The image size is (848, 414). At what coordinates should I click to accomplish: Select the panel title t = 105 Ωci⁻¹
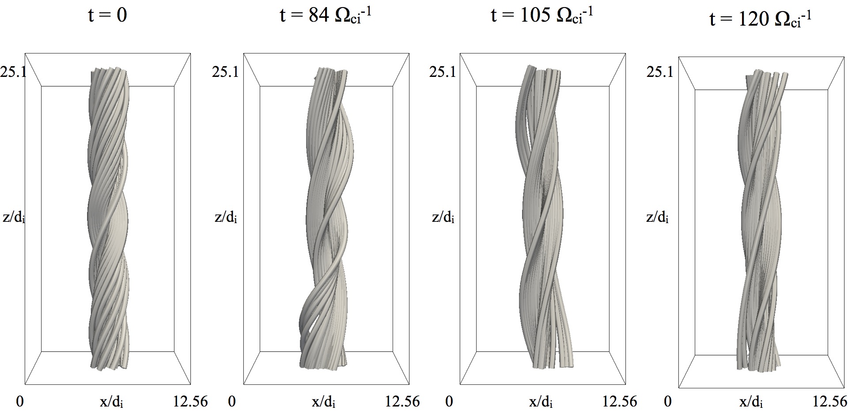(542, 16)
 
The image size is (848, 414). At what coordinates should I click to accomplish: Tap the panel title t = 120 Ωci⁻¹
(761, 20)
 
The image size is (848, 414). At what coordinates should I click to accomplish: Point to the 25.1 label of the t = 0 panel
(13, 72)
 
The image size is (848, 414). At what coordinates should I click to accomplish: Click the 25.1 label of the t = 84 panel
(225, 72)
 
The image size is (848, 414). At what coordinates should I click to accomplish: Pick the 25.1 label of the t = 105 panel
(443, 72)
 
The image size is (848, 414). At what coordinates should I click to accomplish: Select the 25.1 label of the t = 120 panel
(660, 72)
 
